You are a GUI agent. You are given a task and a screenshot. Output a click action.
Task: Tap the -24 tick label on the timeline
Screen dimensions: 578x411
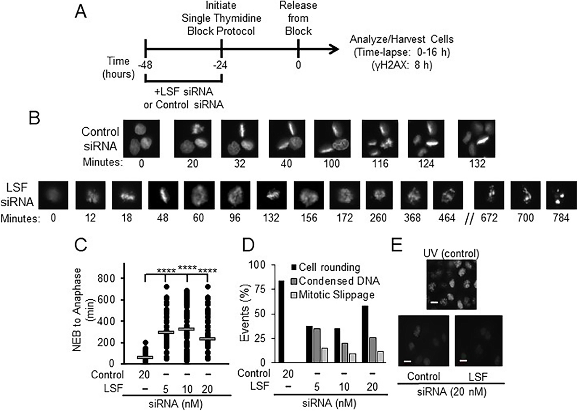pos(221,64)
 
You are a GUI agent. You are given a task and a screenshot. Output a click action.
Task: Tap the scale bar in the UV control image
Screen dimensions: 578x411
pos(433,302)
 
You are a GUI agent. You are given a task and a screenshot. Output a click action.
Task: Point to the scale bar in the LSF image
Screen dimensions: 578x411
pos(463,360)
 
